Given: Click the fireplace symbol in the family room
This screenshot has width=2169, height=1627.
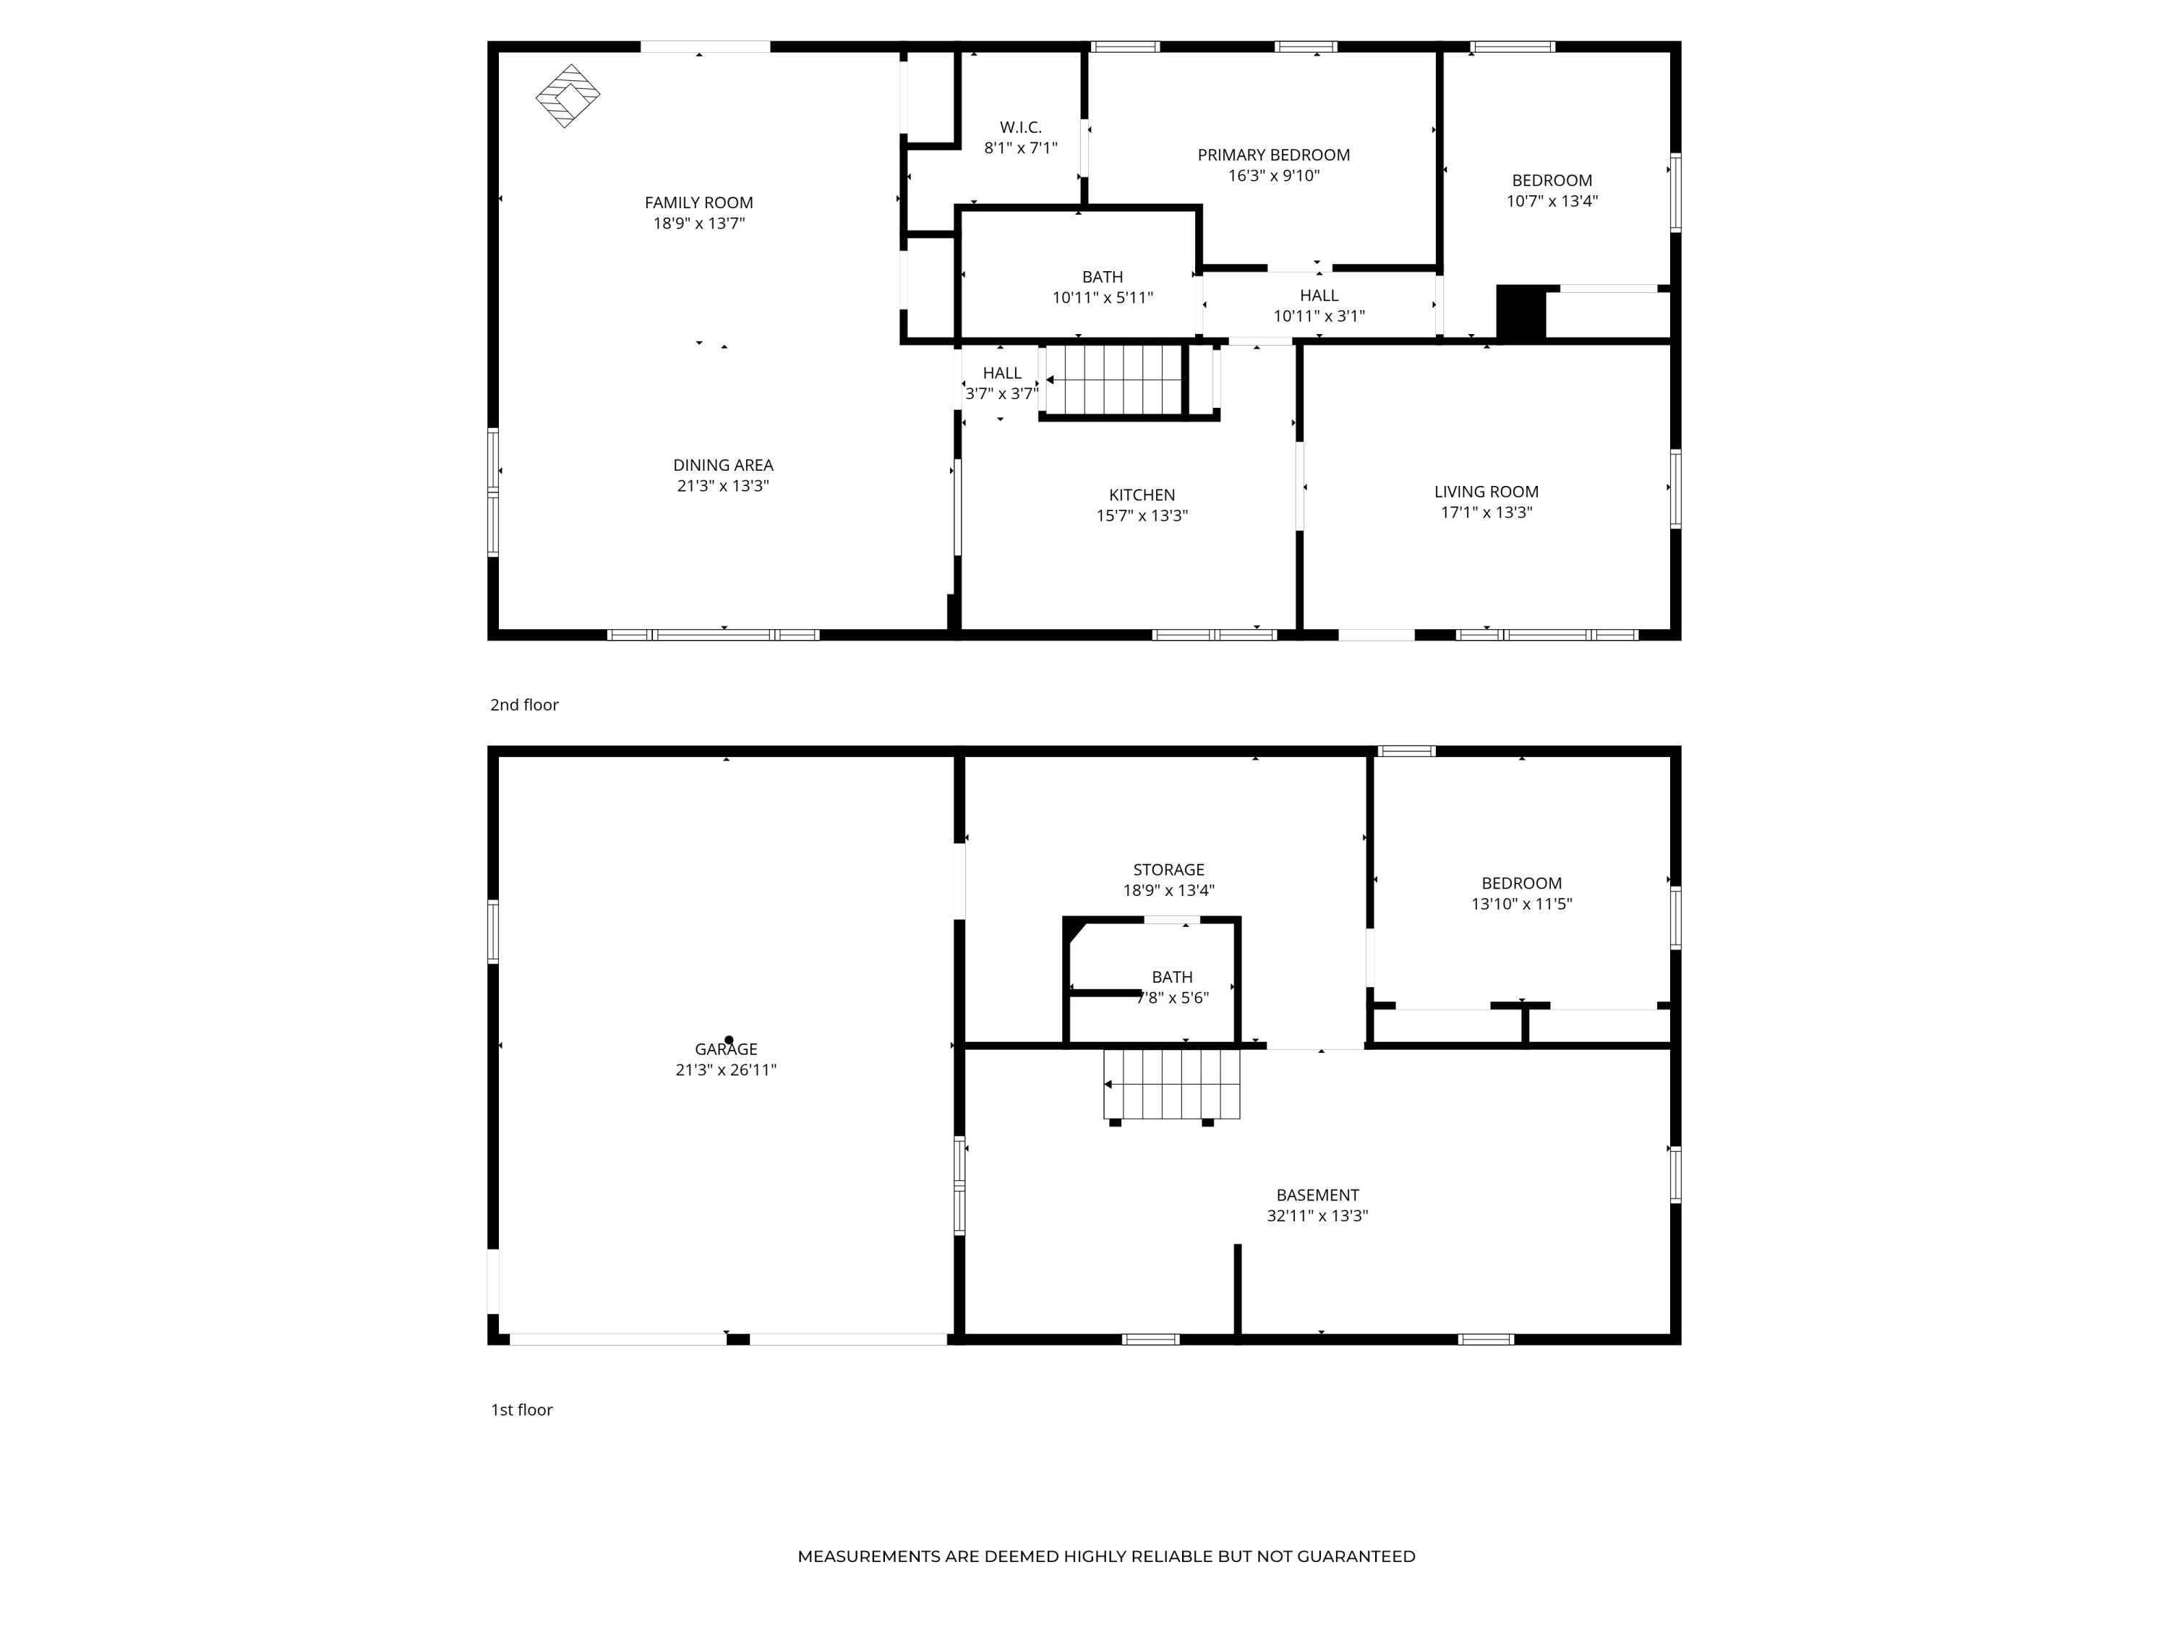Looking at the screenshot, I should tap(568, 96).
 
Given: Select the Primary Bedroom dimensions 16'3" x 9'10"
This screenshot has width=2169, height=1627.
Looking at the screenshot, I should tap(1274, 176).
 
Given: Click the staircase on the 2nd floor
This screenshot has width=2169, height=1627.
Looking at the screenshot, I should tap(1114, 380).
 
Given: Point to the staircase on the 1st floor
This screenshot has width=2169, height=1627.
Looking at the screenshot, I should tap(1172, 1084).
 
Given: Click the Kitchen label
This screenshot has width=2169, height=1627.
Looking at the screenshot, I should tap(1142, 495).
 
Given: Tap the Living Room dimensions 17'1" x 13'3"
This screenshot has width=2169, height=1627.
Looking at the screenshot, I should tap(1486, 512).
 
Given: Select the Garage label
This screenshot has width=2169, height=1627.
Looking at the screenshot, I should tap(726, 1049).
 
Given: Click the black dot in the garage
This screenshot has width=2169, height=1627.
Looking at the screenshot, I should tap(729, 1040).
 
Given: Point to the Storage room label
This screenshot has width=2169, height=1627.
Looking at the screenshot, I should tap(1168, 870).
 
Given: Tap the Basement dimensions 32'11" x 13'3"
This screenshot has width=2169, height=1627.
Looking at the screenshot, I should tap(1317, 1216).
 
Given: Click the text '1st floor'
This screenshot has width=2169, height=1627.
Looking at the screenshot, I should tap(522, 1410).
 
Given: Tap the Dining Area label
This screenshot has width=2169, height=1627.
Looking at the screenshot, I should tap(723, 465).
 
